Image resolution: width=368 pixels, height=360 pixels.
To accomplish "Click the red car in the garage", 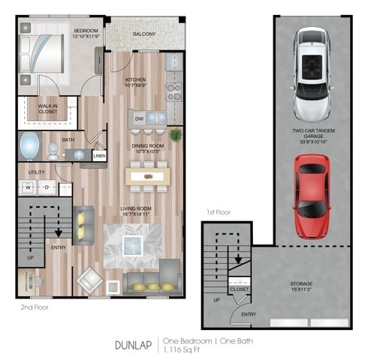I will [x=312, y=193].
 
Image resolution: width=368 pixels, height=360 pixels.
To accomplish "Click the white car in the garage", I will [x=310, y=73].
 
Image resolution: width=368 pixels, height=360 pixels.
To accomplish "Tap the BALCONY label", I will [x=145, y=34].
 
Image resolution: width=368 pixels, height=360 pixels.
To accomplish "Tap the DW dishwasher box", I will [x=139, y=118].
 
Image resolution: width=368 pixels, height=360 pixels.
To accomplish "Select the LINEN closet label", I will [x=99, y=156].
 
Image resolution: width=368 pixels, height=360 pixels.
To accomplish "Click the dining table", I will [x=150, y=175].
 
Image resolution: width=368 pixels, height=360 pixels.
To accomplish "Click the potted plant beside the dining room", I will [x=176, y=136].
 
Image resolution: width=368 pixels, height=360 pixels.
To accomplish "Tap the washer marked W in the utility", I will [x=27, y=187].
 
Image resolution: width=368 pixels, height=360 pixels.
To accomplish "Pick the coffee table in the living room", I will [x=134, y=245].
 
